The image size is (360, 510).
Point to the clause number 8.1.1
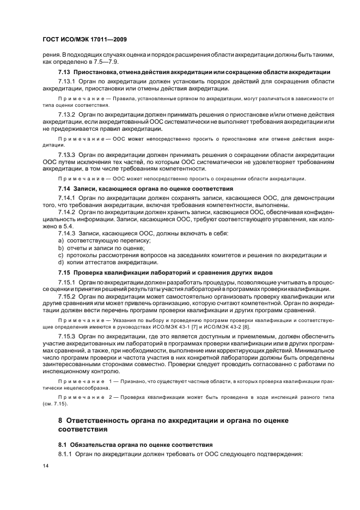point(66,454)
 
